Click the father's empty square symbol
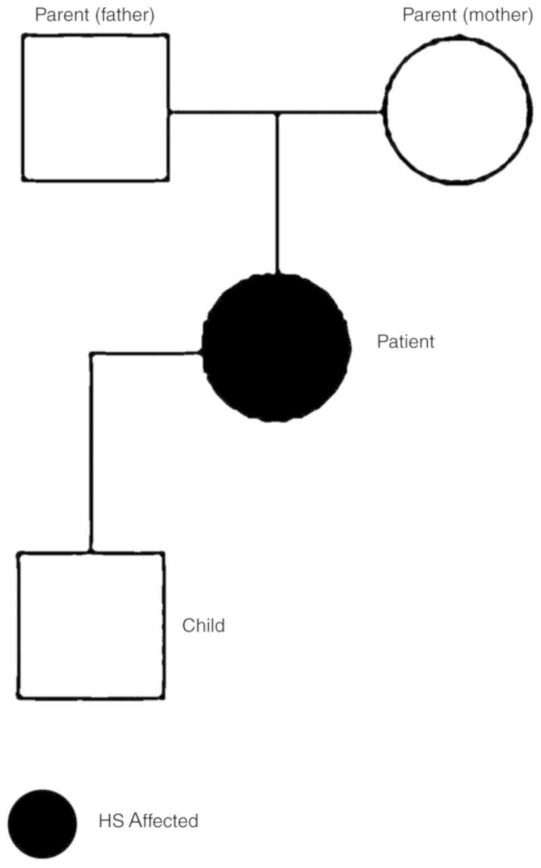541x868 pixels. pos(95,108)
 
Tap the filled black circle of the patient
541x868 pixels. pos(276,347)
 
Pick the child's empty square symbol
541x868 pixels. pos(91,625)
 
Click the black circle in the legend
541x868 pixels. pos(42,824)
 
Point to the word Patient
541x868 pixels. pos(405,342)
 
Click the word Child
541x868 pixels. pos(203,625)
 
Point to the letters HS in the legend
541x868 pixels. pos(111,821)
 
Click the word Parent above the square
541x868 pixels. pos(61,15)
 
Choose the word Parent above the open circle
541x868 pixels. pos(429,15)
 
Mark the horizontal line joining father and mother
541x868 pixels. pos(223,112)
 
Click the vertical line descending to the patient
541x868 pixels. pos(277,195)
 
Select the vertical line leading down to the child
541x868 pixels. pos(92,452)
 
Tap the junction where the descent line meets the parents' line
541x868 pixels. pos(277,113)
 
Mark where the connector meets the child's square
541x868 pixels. pos(91,553)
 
